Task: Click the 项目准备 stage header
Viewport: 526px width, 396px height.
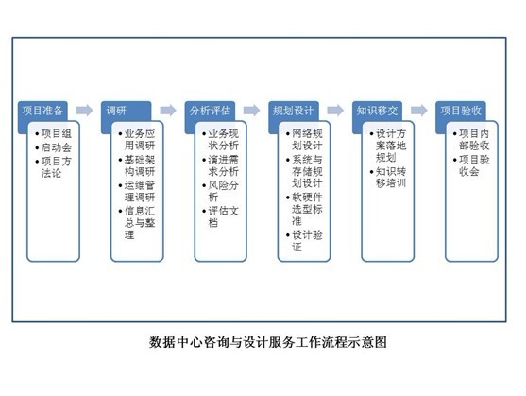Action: click(42, 111)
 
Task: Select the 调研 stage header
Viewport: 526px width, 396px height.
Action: click(127, 111)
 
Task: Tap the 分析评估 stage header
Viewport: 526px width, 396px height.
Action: click(210, 111)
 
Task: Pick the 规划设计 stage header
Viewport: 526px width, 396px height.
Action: click(294, 111)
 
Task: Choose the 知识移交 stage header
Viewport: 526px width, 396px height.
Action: click(377, 111)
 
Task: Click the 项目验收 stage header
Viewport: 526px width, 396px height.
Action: click(461, 111)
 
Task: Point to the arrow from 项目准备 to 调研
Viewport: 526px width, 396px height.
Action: click(85, 110)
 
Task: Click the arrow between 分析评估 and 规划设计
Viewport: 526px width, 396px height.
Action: click(251, 110)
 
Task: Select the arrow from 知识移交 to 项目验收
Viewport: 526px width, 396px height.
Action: click(419, 110)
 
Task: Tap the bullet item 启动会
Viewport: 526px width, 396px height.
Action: click(54, 147)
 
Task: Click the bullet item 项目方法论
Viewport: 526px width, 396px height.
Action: click(54, 167)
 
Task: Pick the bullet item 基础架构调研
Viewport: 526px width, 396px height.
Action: click(137, 165)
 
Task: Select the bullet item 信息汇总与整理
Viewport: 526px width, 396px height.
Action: click(137, 223)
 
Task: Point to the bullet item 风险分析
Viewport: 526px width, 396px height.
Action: click(221, 191)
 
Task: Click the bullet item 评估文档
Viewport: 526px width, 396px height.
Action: click(221, 216)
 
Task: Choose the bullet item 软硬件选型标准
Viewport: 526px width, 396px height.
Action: click(305, 209)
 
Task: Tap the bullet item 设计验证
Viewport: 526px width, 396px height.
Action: click(305, 241)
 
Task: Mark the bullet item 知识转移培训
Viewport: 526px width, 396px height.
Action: click(388, 178)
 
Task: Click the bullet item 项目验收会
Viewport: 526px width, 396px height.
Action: click(471, 165)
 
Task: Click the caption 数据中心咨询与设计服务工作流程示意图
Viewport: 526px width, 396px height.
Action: click(268, 342)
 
